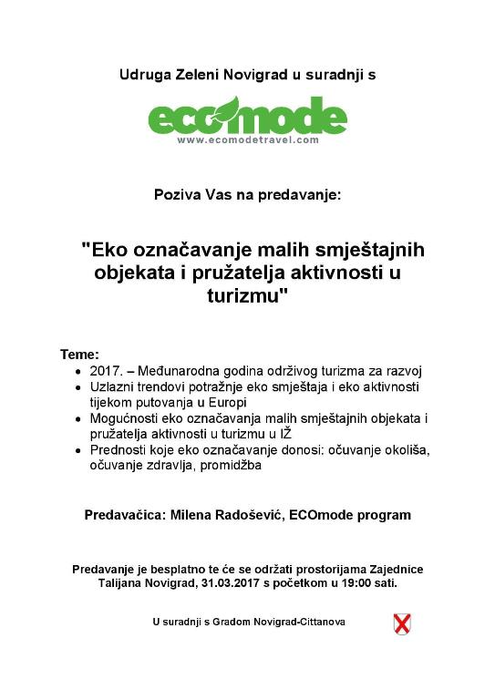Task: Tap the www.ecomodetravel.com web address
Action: (x=247, y=140)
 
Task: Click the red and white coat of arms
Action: (x=401, y=623)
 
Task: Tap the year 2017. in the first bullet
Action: (x=105, y=372)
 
